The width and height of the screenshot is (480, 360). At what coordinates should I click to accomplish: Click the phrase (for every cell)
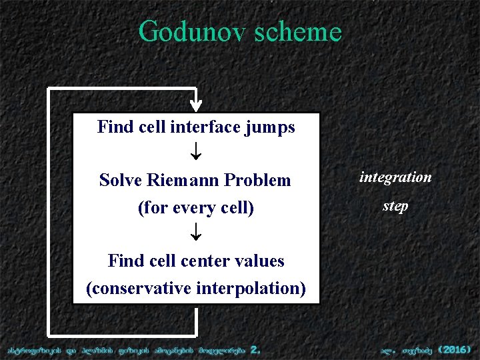click(195, 208)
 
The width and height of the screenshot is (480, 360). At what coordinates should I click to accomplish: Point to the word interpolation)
click(252, 289)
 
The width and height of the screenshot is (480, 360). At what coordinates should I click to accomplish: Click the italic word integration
click(395, 177)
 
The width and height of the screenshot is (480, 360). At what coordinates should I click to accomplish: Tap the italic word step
click(395, 206)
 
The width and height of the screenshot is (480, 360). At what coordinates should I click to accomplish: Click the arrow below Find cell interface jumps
click(195, 153)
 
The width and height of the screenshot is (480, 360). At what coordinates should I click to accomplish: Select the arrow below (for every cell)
click(195, 233)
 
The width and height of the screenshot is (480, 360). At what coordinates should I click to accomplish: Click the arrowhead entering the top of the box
click(195, 105)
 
